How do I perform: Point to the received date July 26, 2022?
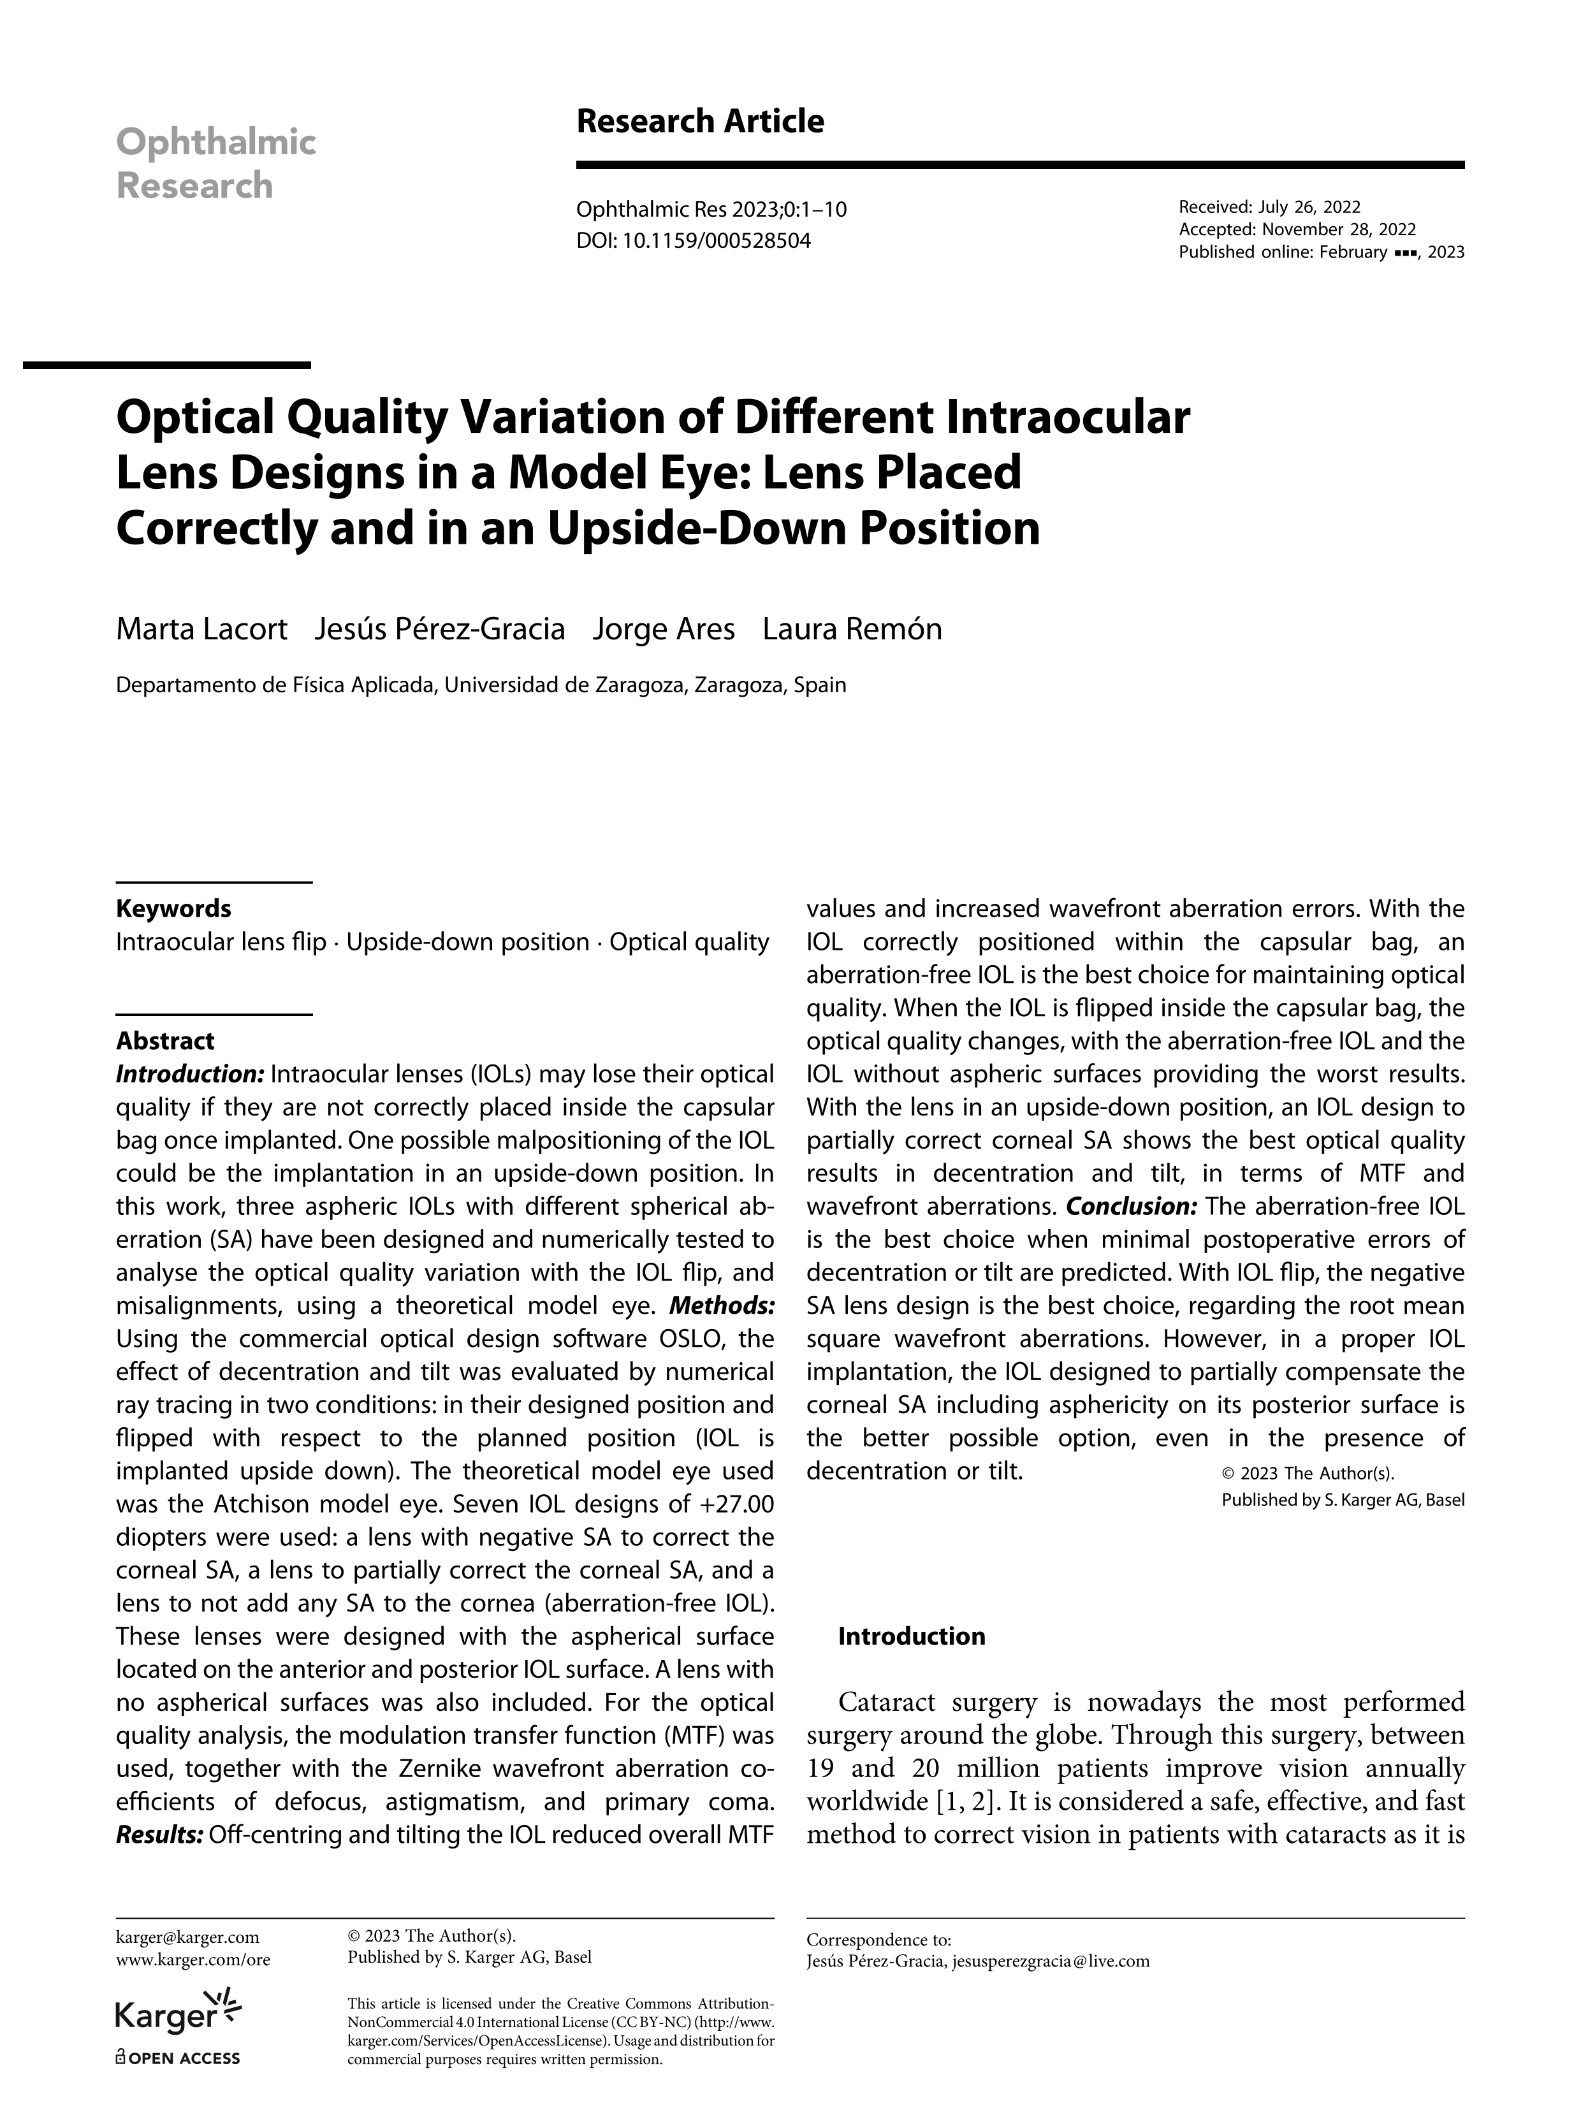pos(1308,207)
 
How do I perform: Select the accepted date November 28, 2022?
pos(1339,229)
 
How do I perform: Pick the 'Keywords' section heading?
pos(173,908)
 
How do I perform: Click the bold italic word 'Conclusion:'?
pos(1131,1207)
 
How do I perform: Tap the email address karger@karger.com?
pos(187,1937)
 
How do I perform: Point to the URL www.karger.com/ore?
pos(193,1959)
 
